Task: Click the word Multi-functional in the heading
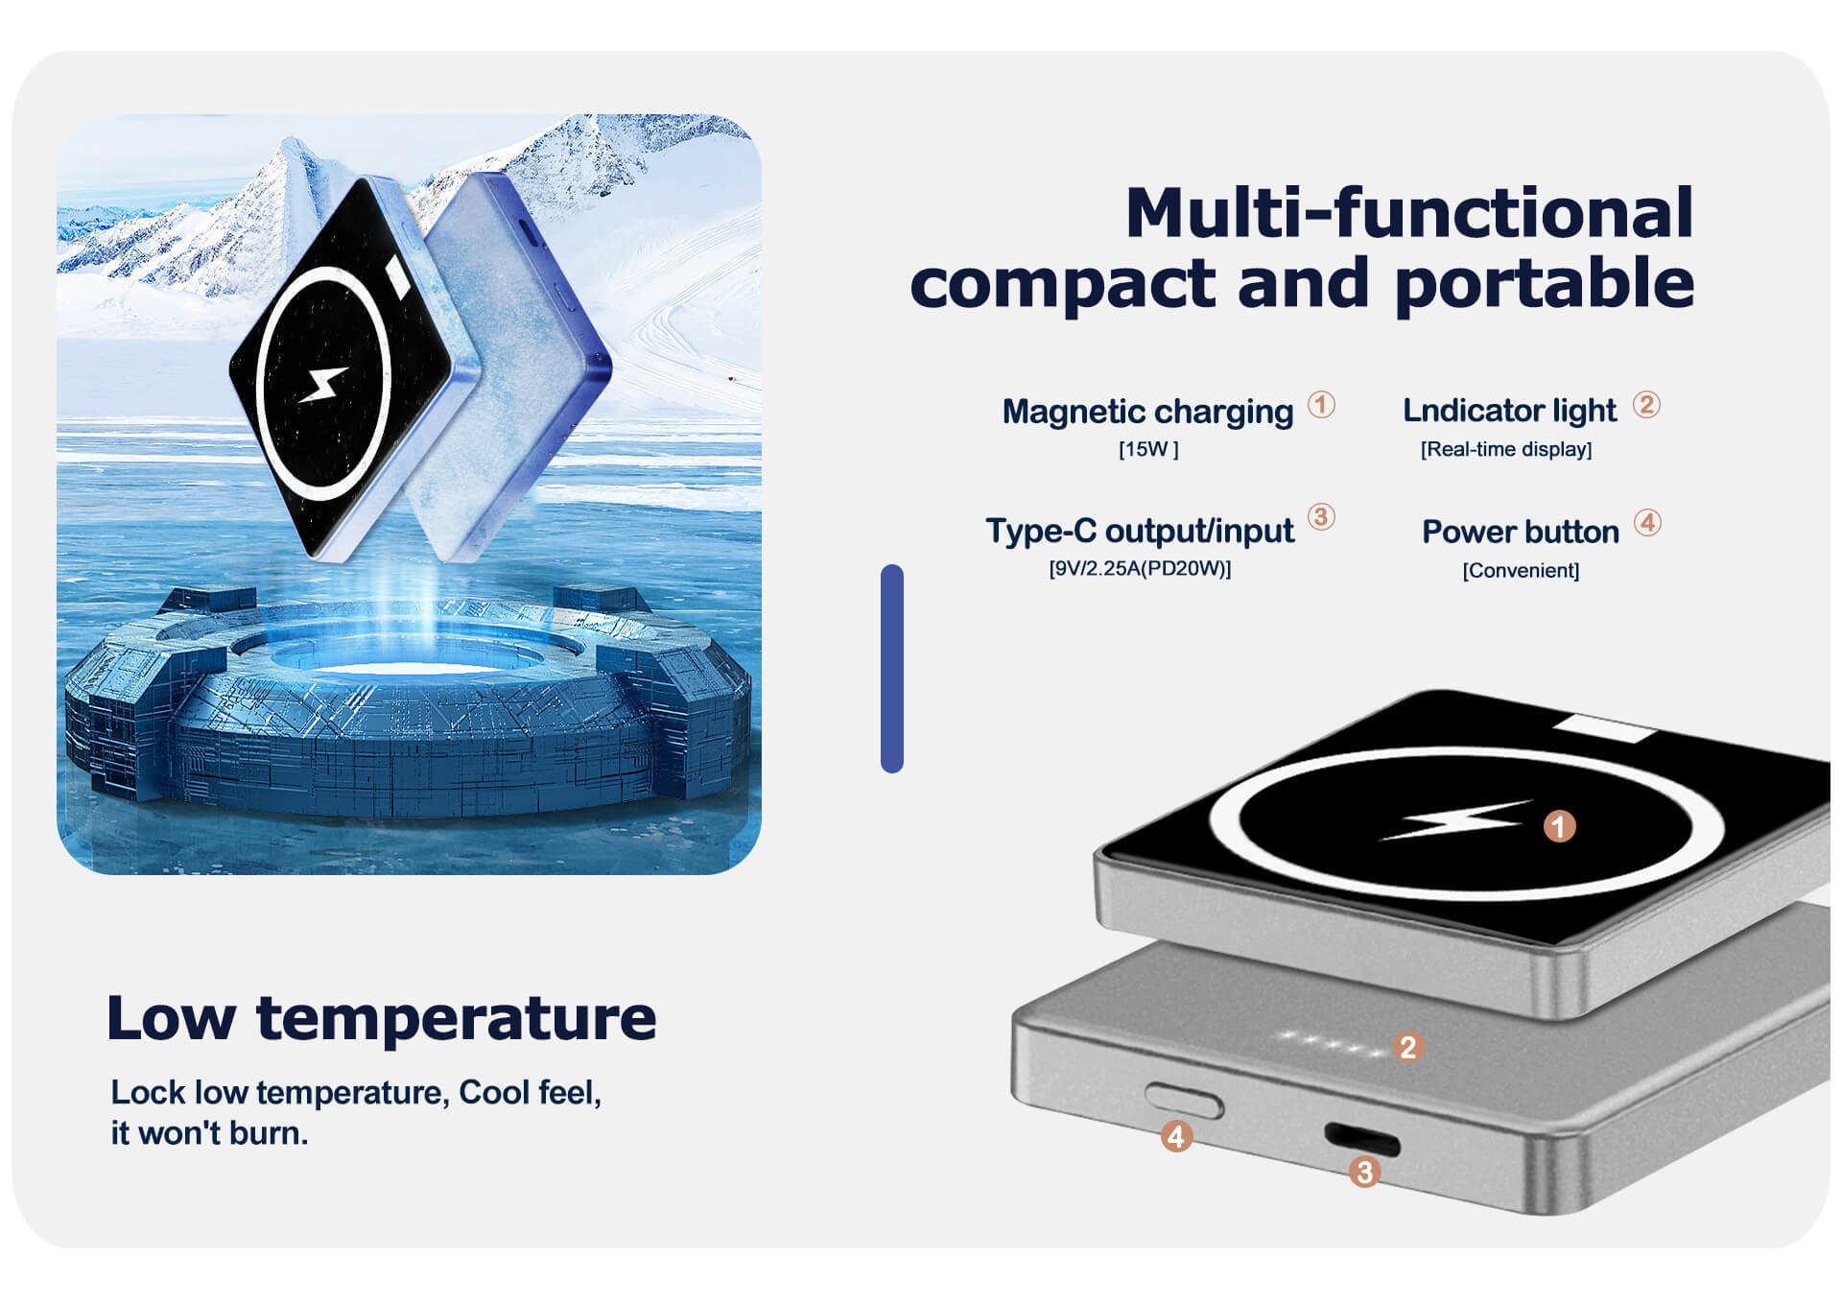coord(1409,212)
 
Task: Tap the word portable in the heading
coord(1545,283)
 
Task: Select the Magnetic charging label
coord(1147,412)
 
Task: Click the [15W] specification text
coord(1148,449)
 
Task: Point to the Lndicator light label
coord(1509,411)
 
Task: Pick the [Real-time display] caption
coord(1506,449)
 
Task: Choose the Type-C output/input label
coord(1140,531)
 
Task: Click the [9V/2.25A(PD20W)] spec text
coord(1140,568)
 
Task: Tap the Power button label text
coord(1521,532)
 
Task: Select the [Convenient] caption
coord(1521,571)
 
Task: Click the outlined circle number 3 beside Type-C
coord(1321,517)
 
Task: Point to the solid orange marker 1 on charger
coord(1559,825)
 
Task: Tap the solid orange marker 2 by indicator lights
coord(1407,1047)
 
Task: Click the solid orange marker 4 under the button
coord(1176,1137)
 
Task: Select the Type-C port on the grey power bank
coord(1362,1140)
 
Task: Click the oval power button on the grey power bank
coord(1185,1102)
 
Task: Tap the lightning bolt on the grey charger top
coord(1455,819)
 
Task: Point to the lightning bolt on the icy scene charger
coord(323,384)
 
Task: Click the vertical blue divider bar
coord(892,669)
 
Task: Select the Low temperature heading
coord(382,1018)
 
